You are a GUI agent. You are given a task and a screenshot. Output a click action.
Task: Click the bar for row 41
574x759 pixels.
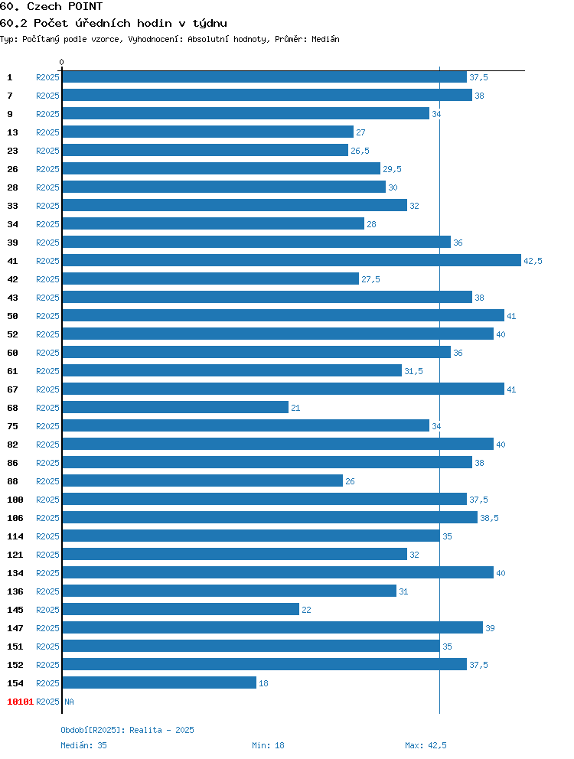pyautogui.click(x=292, y=260)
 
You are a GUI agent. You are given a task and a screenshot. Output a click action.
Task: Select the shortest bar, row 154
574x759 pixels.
pyautogui.click(x=159, y=682)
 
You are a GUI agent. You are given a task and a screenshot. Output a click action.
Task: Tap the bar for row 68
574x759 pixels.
pyautogui.click(x=175, y=407)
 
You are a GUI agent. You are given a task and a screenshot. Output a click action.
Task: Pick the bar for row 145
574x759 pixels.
pyautogui.click(x=181, y=609)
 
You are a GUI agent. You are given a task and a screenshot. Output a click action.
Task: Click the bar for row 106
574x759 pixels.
pyautogui.click(x=270, y=517)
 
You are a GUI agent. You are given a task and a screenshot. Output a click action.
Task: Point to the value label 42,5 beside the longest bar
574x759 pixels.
pyautogui.click(x=533, y=261)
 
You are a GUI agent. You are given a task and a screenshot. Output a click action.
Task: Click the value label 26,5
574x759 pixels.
pyautogui.click(x=360, y=151)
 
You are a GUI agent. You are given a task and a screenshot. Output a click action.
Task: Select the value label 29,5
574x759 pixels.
pyautogui.click(x=392, y=169)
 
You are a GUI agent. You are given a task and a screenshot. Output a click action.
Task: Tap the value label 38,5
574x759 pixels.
pyautogui.click(x=489, y=518)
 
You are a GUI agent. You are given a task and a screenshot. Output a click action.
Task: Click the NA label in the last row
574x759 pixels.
pyautogui.click(x=70, y=702)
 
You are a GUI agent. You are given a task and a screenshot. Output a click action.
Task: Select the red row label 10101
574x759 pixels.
pyautogui.click(x=21, y=702)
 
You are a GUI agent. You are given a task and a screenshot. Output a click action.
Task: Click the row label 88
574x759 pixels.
pyautogui.click(x=12, y=481)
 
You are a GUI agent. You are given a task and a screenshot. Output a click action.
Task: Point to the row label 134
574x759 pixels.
pyautogui.click(x=15, y=573)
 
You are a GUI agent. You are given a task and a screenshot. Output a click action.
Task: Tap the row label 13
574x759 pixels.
pyautogui.click(x=12, y=132)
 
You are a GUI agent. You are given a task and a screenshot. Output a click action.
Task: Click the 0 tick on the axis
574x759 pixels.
pyautogui.click(x=61, y=62)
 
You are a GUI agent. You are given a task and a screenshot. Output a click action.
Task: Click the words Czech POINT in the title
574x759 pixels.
pyautogui.click(x=65, y=6)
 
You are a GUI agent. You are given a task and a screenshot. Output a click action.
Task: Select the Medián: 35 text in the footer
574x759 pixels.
pyautogui.click(x=83, y=745)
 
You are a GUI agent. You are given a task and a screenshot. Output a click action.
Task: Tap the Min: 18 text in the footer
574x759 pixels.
pyautogui.click(x=268, y=745)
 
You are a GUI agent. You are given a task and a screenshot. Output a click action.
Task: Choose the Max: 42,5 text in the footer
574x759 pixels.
pyautogui.click(x=426, y=745)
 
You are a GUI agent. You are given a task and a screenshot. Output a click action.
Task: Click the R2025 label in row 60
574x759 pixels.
pyautogui.click(x=47, y=353)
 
